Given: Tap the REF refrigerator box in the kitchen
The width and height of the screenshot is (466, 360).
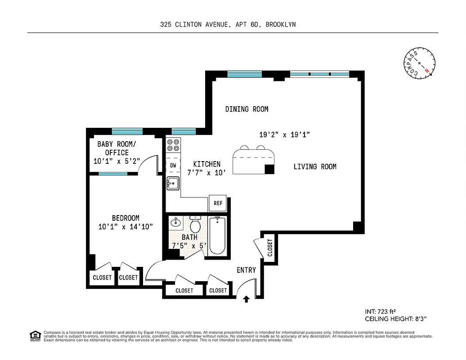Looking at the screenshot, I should point(218,203).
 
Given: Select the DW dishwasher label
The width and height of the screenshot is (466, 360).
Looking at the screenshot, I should point(173,166).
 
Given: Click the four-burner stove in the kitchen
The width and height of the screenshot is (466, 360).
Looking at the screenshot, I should point(173,144).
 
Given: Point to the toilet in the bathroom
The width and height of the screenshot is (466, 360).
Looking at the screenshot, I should point(195,225).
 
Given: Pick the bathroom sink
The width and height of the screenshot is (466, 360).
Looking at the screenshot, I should point(175,222).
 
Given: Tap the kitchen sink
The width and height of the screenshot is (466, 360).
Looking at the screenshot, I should point(173,183).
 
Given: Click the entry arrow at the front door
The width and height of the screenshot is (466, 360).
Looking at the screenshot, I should point(246,298).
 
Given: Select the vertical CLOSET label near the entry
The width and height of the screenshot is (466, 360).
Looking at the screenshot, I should point(270,247).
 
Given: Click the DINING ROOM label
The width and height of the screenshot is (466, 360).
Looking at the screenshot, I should point(246,109).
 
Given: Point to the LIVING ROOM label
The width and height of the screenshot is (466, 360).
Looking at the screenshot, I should point(315,166).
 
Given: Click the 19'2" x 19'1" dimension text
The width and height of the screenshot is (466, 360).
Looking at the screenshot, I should point(285,134).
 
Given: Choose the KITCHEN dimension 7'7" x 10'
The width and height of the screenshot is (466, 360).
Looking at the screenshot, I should point(204,172).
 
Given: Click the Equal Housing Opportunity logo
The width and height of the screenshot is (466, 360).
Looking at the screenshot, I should point(35,335).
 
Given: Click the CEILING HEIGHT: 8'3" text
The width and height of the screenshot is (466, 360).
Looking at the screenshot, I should point(395,319).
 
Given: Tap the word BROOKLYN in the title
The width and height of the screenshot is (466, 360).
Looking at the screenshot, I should point(280,25).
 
